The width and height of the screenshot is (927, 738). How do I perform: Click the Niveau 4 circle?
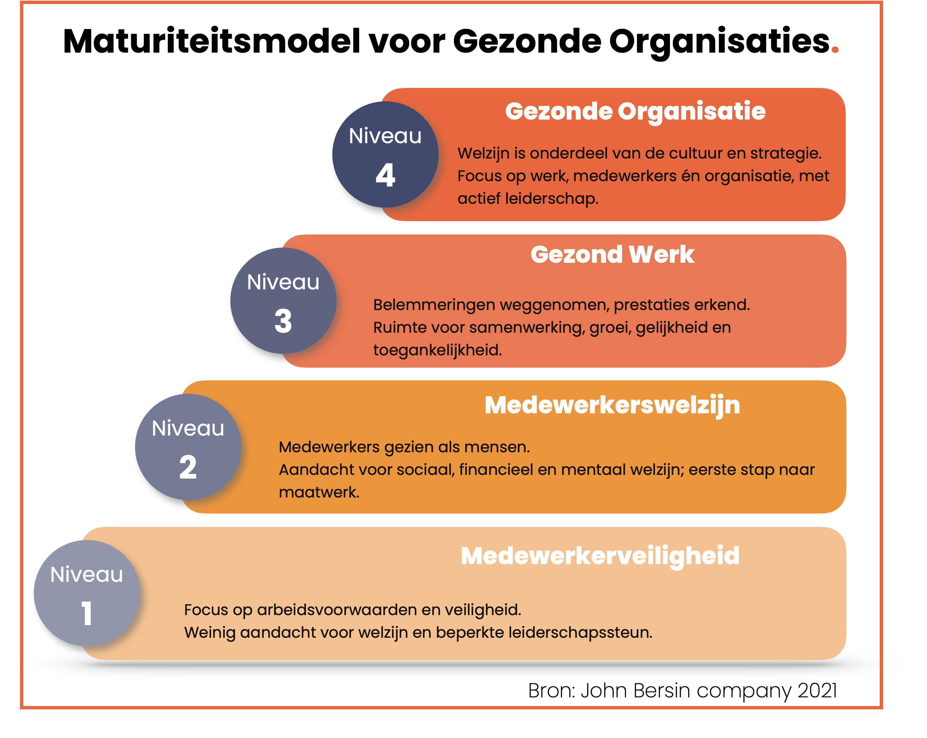[385, 155]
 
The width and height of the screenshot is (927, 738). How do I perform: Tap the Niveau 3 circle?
[283, 301]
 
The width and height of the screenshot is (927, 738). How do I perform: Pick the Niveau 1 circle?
[87, 593]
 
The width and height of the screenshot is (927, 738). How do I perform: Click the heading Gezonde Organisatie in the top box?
[635, 112]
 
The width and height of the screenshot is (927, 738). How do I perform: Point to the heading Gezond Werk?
[612, 254]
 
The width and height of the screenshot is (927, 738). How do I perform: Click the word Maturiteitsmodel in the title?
[211, 41]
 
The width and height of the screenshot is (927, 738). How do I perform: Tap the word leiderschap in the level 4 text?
[552, 199]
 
